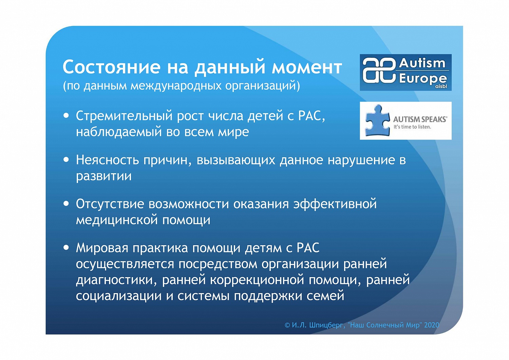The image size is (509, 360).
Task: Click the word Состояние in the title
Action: click(x=111, y=67)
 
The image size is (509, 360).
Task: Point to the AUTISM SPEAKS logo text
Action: click(x=420, y=119)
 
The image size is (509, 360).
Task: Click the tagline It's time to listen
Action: click(x=412, y=127)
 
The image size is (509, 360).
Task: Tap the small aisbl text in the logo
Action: click(x=441, y=86)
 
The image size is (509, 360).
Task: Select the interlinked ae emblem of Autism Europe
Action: click(x=379, y=71)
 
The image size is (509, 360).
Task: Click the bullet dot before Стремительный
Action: click(x=66, y=115)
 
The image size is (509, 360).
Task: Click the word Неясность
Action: click(x=108, y=160)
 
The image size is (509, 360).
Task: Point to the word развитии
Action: click(x=103, y=176)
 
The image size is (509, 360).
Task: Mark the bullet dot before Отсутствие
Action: click(x=66, y=204)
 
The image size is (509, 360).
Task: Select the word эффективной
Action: click(x=335, y=204)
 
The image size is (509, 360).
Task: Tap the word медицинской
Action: click(x=117, y=220)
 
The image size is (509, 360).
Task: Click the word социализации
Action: click(x=119, y=296)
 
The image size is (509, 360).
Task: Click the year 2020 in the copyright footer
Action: click(x=431, y=325)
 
